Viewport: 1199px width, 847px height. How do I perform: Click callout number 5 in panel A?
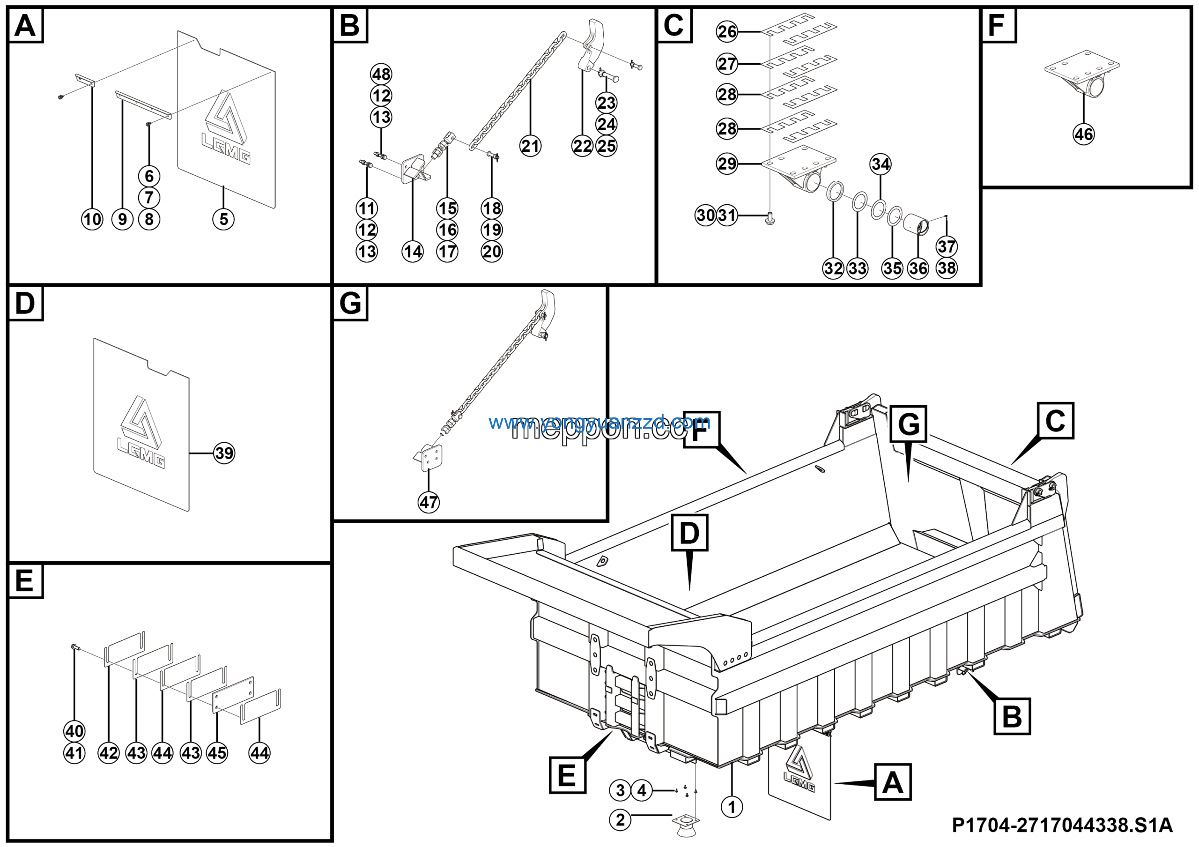(x=223, y=219)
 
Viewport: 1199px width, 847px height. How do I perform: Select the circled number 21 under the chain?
(x=530, y=146)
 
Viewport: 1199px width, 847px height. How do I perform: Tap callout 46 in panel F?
(x=1084, y=134)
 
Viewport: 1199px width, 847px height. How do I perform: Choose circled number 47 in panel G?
(x=429, y=502)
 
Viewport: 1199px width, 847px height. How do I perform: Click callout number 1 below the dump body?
(x=732, y=807)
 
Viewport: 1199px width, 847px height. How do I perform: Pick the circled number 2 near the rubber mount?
(x=620, y=820)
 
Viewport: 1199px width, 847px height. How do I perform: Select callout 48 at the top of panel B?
(x=381, y=74)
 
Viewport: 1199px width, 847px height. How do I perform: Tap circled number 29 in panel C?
(x=727, y=164)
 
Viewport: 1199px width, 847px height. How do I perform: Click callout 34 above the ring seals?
(x=881, y=164)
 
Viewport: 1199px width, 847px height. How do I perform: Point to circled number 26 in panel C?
(x=727, y=31)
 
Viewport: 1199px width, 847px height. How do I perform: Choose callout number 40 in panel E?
(x=74, y=731)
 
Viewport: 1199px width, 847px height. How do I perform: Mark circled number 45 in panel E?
(x=217, y=753)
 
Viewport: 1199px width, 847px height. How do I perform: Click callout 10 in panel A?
(x=92, y=219)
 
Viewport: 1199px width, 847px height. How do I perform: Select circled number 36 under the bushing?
(x=918, y=268)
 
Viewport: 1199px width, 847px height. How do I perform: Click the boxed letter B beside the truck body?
(x=1012, y=716)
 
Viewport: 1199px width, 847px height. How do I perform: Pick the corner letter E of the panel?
(x=24, y=581)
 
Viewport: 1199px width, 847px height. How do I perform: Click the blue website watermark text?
(x=599, y=422)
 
